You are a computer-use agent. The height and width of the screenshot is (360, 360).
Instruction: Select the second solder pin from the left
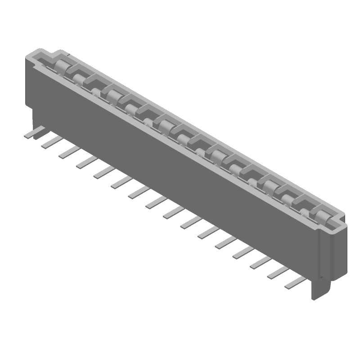point(51,142)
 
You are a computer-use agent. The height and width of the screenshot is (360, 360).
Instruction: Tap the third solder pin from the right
point(261,261)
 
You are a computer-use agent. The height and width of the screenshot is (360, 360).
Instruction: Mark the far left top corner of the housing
point(28,55)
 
